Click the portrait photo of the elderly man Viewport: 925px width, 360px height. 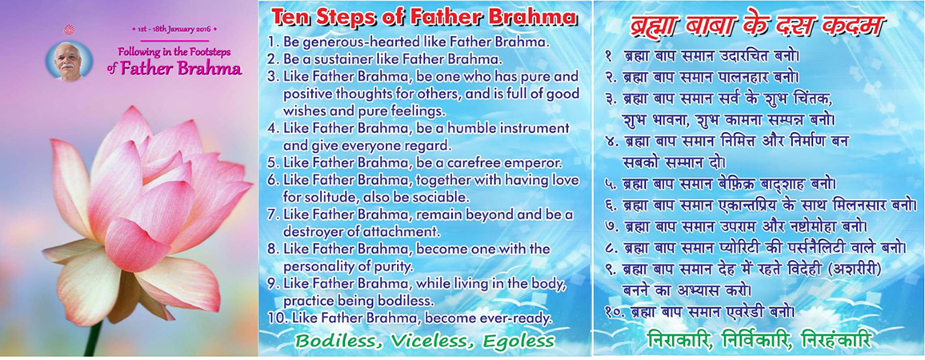[x=69, y=62]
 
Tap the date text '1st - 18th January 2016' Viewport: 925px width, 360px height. [x=174, y=28]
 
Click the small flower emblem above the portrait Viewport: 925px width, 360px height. [x=70, y=30]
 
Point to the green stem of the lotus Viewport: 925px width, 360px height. [x=93, y=338]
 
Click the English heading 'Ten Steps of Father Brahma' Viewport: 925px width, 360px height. [x=424, y=17]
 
